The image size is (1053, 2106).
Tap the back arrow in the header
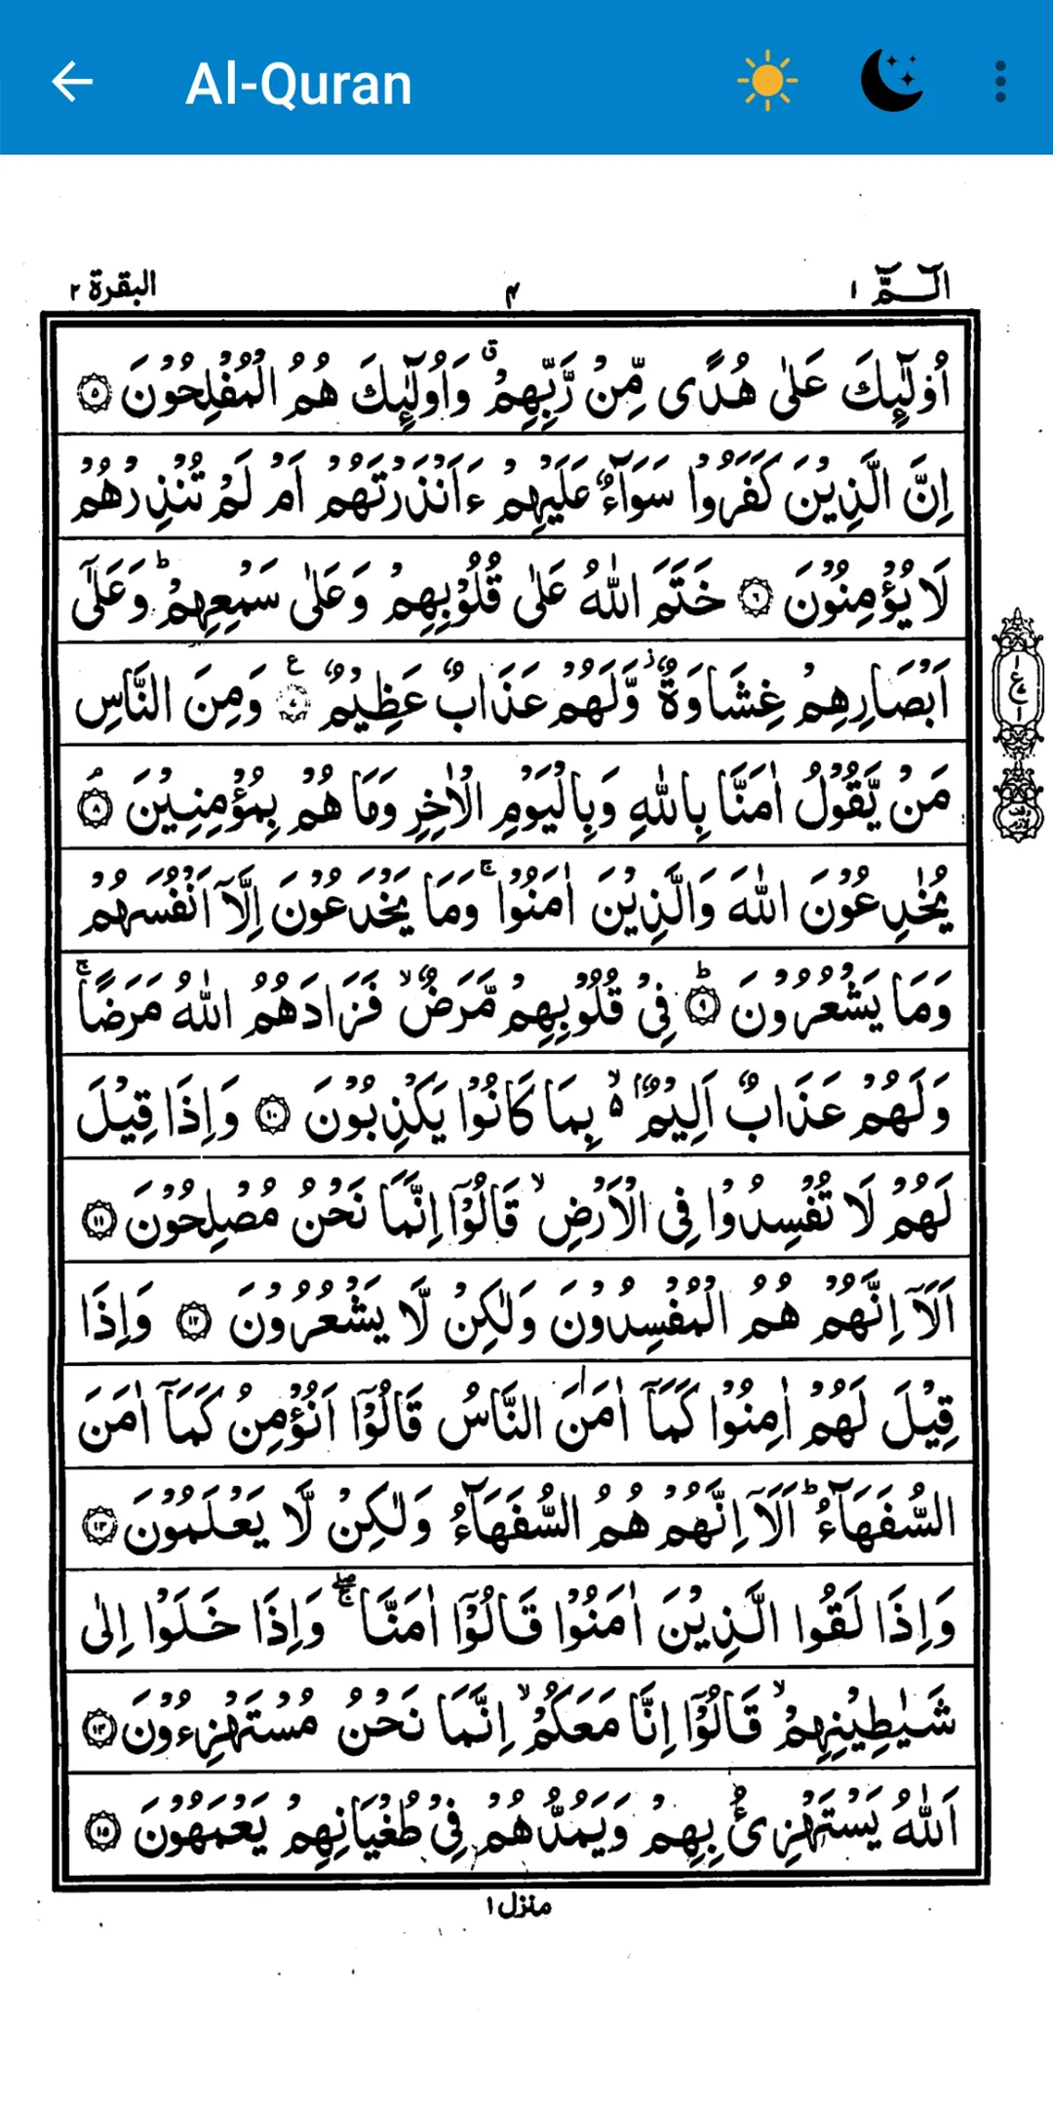click(x=72, y=81)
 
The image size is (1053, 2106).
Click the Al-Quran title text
click(x=298, y=84)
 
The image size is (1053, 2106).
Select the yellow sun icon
click(x=767, y=81)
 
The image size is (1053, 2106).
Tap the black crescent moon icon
click(x=891, y=80)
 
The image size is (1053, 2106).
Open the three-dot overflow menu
click(x=1000, y=81)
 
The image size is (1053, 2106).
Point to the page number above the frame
click(x=513, y=291)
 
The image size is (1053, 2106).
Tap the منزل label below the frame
click(x=521, y=1904)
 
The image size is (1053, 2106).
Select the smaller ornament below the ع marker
click(x=1018, y=803)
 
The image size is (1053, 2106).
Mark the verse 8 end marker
click(x=95, y=808)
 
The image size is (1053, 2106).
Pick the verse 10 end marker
click(x=272, y=1114)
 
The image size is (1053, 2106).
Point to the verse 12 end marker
click(x=193, y=1321)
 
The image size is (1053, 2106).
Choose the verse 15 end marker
click(x=102, y=1831)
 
